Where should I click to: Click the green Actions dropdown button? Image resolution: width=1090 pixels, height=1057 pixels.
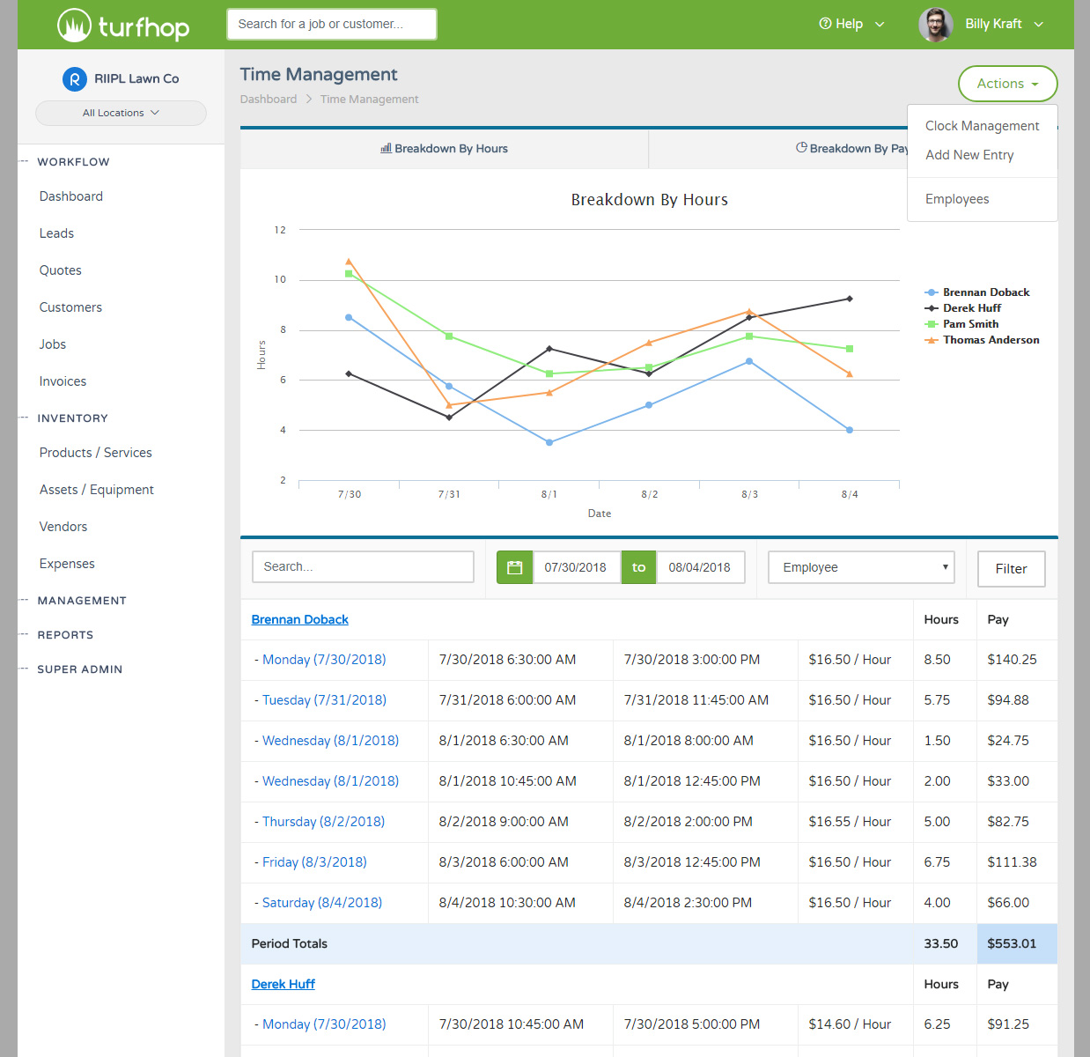(x=1007, y=84)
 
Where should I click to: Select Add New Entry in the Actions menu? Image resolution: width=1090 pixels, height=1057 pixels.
(x=969, y=155)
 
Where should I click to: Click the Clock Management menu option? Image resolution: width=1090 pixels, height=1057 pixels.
(x=982, y=126)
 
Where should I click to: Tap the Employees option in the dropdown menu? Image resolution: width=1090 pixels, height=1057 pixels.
(x=957, y=199)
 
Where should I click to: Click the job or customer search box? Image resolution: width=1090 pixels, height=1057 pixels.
(x=331, y=24)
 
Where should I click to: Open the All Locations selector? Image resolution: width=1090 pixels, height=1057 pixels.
(x=121, y=113)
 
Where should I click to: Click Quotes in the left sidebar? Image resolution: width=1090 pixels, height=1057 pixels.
(x=61, y=270)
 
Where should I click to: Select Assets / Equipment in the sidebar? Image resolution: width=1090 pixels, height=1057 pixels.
(x=97, y=490)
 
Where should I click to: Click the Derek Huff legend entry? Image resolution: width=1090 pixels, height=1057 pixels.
(x=971, y=308)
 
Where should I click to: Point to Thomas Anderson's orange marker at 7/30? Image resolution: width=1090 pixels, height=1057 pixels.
(x=349, y=262)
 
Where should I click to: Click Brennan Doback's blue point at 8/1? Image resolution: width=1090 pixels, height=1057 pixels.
(x=549, y=442)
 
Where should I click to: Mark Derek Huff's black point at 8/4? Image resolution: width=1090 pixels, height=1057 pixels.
(x=850, y=299)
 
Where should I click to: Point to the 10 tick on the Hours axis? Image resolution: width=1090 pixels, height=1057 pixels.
(x=280, y=280)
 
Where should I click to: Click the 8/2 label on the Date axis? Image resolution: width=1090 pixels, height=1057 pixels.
(x=650, y=495)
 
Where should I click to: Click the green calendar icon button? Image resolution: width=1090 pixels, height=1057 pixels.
(x=515, y=567)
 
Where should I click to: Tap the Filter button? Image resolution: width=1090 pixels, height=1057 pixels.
(x=1011, y=569)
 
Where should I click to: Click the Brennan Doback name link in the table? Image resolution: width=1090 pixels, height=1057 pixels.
(x=300, y=620)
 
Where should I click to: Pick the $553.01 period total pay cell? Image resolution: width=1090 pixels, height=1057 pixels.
(x=1012, y=943)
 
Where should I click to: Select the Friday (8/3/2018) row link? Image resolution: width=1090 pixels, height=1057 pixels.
(x=314, y=862)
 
